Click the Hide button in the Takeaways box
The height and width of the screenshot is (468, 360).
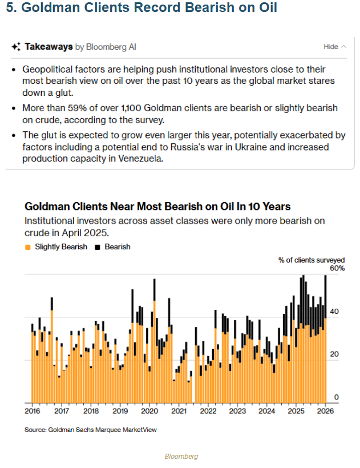(330, 47)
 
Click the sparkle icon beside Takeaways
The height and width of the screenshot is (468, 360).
(16, 47)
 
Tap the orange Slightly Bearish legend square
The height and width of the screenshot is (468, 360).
(27, 247)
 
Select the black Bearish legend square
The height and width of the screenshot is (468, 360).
(98, 247)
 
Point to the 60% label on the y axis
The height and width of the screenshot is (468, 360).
(337, 268)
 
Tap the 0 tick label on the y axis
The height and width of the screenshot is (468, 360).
(337, 397)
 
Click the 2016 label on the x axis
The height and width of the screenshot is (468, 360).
(32, 410)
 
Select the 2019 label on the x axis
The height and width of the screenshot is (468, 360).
(120, 410)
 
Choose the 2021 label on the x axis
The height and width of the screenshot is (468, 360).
(179, 410)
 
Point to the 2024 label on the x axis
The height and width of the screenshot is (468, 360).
(267, 410)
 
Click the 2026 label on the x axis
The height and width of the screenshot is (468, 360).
(325, 410)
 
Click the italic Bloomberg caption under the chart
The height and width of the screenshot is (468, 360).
(180, 457)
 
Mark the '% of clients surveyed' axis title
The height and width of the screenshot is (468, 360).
(312, 260)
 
